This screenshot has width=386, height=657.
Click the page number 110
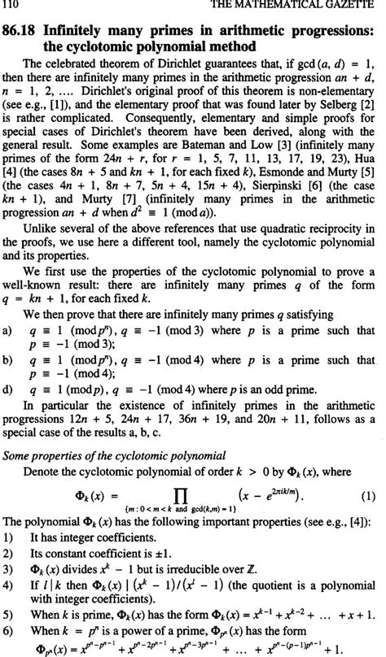click(11, 7)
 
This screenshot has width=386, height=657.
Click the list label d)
click(8, 392)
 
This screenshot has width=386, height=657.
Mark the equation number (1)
click(367, 493)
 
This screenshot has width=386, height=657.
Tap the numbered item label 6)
click(9, 629)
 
